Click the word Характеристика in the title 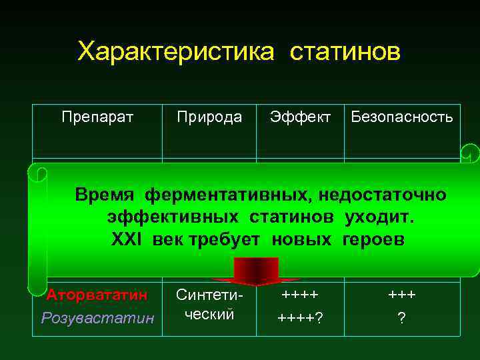pyautogui.click(x=175, y=51)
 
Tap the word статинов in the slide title pyautogui.click(x=345, y=51)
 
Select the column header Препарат pyautogui.click(x=97, y=117)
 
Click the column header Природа pyautogui.click(x=209, y=117)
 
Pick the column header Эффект pyautogui.click(x=300, y=117)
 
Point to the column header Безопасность pyautogui.click(x=401, y=117)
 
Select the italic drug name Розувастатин pyautogui.click(x=97, y=318)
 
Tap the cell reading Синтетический pyautogui.click(x=209, y=305)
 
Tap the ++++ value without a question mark pyautogui.click(x=300, y=294)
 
